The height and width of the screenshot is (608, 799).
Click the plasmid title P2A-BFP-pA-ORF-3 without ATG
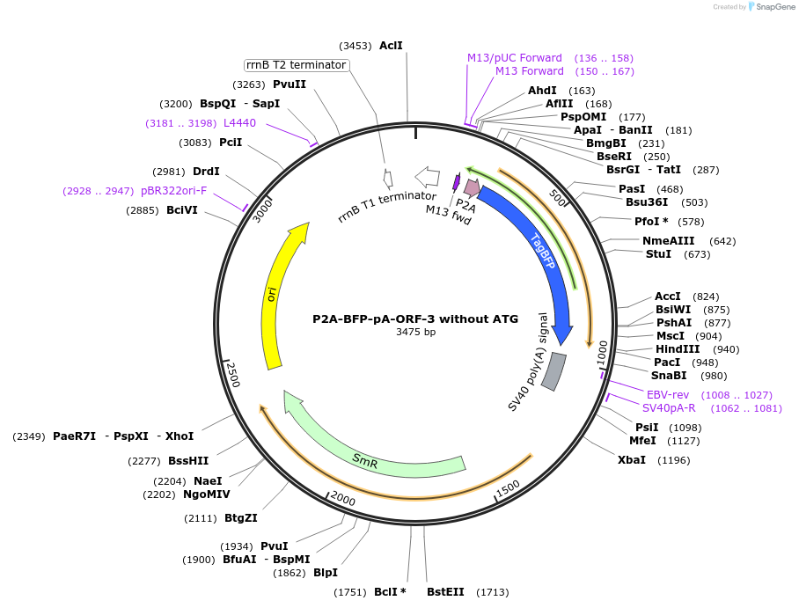(415, 319)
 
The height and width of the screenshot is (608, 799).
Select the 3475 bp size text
(415, 333)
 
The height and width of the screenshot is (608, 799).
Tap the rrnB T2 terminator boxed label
(296, 65)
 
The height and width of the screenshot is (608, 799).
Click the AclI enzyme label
(391, 45)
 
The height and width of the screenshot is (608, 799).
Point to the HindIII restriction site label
(679, 348)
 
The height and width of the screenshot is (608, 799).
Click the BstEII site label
(445, 592)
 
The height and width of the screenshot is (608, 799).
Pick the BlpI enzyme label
(326, 572)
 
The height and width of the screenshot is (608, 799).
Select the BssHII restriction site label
(188, 460)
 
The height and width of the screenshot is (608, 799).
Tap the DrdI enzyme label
(206, 172)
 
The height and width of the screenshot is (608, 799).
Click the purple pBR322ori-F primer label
(173, 190)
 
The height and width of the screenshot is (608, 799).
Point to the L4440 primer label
(239, 123)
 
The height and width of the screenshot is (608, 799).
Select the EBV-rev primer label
(668, 394)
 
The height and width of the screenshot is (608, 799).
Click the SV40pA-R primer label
(669, 407)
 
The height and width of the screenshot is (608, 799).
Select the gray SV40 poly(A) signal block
(553, 370)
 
